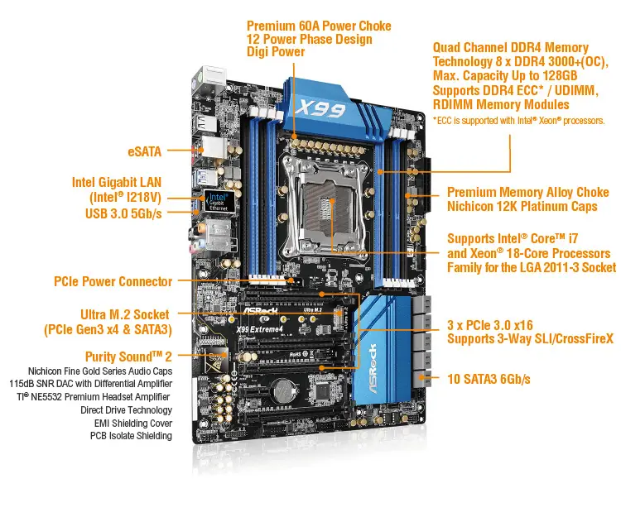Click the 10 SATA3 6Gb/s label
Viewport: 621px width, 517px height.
point(489,379)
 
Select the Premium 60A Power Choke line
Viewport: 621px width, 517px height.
point(319,25)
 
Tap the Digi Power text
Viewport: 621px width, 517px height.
point(276,52)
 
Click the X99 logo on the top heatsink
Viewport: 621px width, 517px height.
point(320,108)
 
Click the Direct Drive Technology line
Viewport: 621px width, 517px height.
point(127,409)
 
